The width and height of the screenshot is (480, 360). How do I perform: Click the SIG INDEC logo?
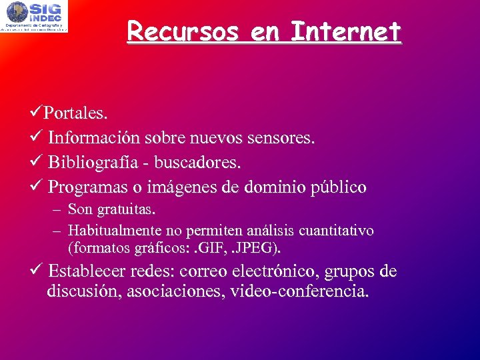tap(35, 17)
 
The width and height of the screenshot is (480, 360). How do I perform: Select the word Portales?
tap(75, 113)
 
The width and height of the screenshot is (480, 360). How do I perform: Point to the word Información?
tap(93, 137)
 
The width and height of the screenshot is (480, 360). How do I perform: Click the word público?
tap(339, 187)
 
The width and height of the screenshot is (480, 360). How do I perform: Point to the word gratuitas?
tap(126, 209)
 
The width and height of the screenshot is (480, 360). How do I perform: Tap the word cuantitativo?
tap(337, 231)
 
